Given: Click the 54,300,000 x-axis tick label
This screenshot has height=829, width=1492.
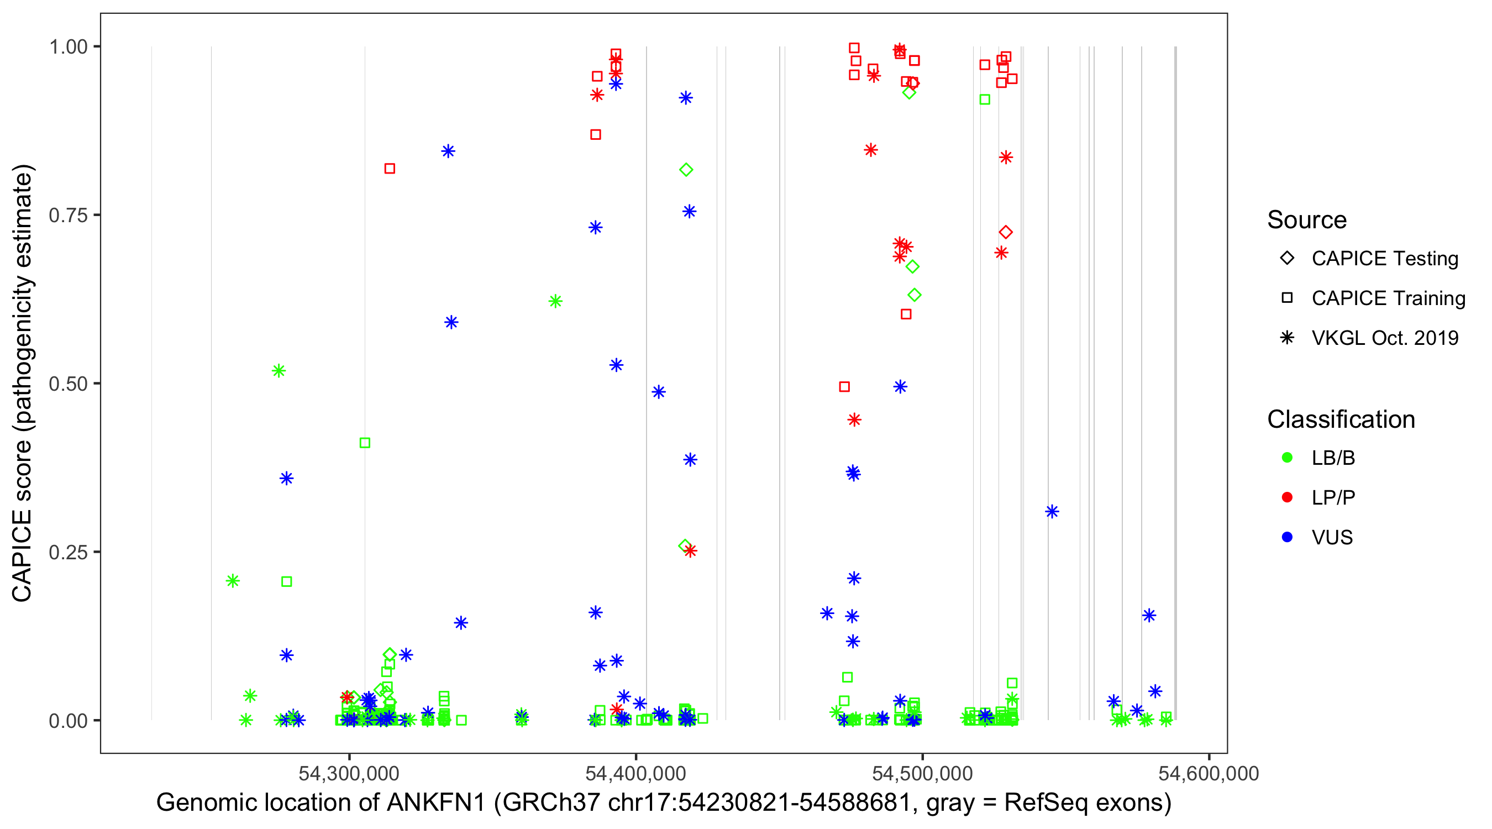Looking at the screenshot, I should pyautogui.click(x=349, y=773).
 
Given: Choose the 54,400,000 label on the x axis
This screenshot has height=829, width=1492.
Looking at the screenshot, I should pyautogui.click(x=635, y=773).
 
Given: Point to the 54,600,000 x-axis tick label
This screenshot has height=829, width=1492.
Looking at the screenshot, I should pyautogui.click(x=1208, y=773).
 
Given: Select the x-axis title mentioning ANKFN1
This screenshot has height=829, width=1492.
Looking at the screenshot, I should pyautogui.click(x=664, y=803).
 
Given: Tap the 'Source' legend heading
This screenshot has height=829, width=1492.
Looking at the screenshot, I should pyautogui.click(x=1307, y=220).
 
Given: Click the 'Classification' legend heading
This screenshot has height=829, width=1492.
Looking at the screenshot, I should pyautogui.click(x=1341, y=419).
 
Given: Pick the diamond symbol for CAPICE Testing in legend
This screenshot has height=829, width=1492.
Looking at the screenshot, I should pyautogui.click(x=1287, y=259).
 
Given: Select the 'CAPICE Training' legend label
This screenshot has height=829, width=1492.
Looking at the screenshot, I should pyautogui.click(x=1388, y=298).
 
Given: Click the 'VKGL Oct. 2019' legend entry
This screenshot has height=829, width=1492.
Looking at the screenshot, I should pyautogui.click(x=1385, y=338).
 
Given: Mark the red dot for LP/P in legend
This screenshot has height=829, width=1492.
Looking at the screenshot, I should pyautogui.click(x=1287, y=497).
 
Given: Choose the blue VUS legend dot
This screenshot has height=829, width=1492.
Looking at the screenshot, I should pyautogui.click(x=1287, y=537).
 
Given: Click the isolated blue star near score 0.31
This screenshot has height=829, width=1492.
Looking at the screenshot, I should pyautogui.click(x=1052, y=512).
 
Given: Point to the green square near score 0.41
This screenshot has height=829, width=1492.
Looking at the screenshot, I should pyautogui.click(x=365, y=443).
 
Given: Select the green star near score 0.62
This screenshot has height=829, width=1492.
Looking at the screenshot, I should pyautogui.click(x=555, y=301).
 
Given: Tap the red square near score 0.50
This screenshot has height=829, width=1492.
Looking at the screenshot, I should pyautogui.click(x=844, y=386).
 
